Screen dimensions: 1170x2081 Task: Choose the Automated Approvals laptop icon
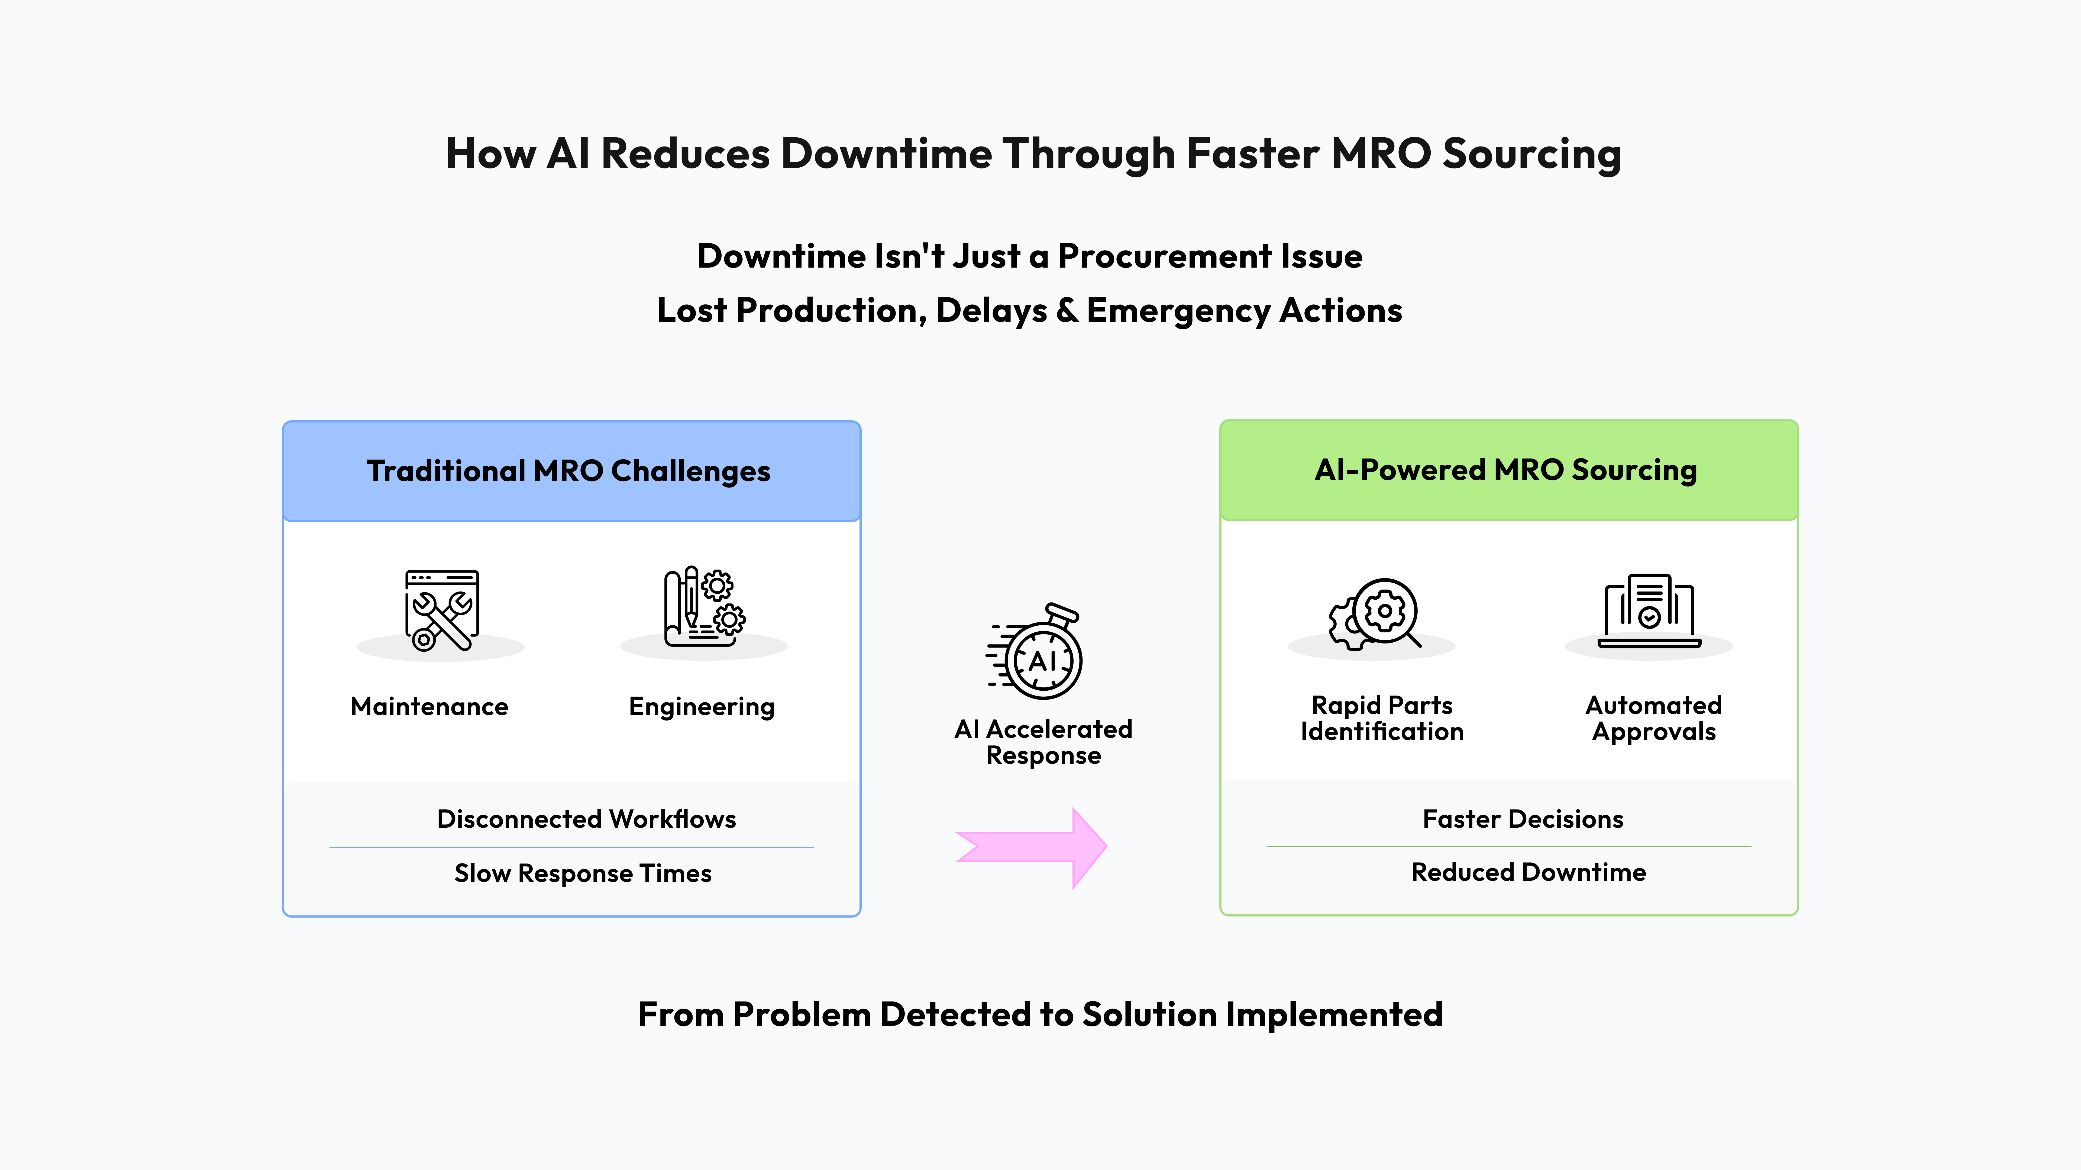click(x=1649, y=611)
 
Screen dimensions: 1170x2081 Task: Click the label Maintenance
click(x=429, y=707)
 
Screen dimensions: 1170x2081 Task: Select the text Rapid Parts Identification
click(x=1381, y=718)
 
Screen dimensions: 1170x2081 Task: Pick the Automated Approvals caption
click(x=1653, y=718)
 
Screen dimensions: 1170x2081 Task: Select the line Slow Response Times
click(x=583, y=873)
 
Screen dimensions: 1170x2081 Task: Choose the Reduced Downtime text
click(x=1528, y=872)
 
